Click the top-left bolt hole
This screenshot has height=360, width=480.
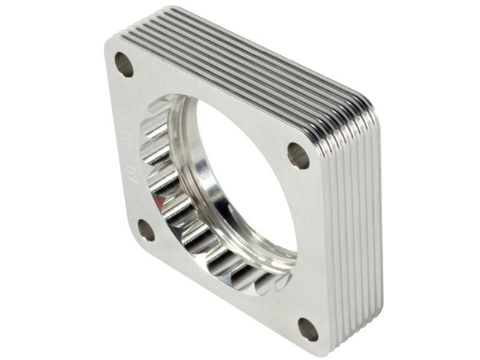click(124, 64)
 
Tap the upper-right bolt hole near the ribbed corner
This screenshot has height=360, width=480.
click(298, 155)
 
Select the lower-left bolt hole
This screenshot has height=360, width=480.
click(146, 230)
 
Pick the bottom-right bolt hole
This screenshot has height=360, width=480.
click(308, 329)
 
